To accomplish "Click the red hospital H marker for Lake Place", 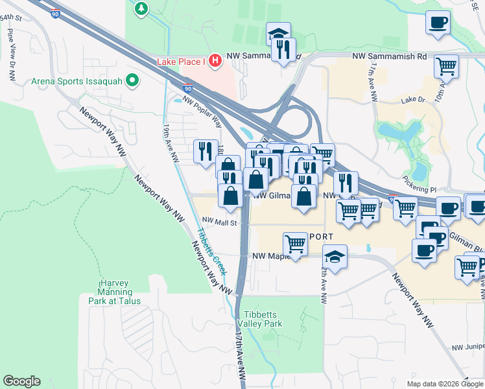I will pyautogui.click(x=215, y=61).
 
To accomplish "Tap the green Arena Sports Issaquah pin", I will pyautogui.click(x=133, y=82).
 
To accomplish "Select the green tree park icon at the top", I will pyautogui.click(x=141, y=8).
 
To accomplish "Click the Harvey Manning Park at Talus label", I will pyautogui.click(x=115, y=292).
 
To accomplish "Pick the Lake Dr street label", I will pyautogui.click(x=412, y=100).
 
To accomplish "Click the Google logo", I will pyautogui.click(x=21, y=381).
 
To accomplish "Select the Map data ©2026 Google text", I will pyautogui.click(x=445, y=384).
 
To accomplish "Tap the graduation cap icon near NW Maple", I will pyautogui.click(x=335, y=256).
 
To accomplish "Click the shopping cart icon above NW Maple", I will pyautogui.click(x=295, y=244).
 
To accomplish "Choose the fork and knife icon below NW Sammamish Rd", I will pyautogui.click(x=283, y=50).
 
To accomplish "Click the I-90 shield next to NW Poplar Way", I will pyautogui.click(x=188, y=88).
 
